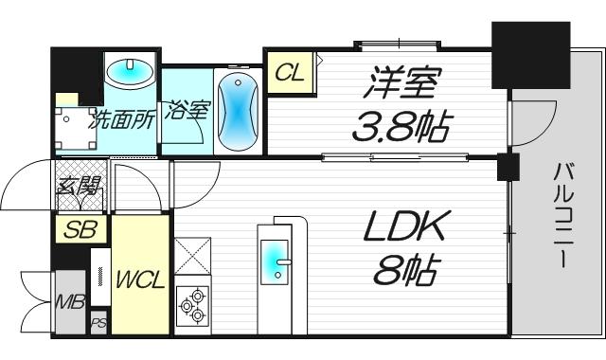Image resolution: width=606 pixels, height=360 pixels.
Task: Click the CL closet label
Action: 290,73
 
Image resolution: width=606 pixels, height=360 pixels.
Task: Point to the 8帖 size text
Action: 404,272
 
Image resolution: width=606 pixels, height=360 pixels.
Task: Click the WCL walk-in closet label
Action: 141,281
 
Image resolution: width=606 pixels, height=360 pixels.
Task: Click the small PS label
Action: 98,324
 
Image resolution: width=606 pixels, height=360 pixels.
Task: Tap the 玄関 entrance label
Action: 80,188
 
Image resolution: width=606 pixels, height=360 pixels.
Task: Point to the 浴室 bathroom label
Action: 187,111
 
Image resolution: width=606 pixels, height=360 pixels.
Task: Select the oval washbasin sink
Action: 130,72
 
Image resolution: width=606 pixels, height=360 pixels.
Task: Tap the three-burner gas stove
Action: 191,305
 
